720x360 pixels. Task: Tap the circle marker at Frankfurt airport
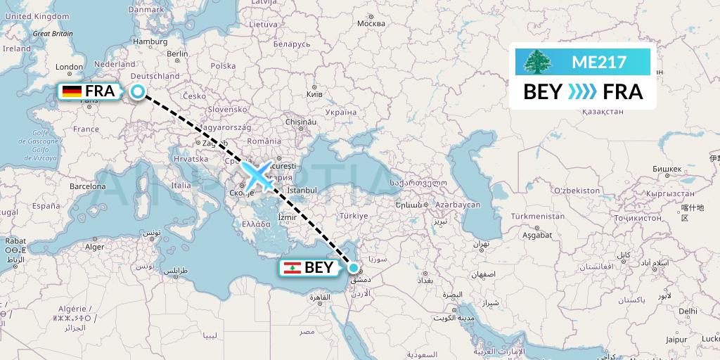pos(138,91)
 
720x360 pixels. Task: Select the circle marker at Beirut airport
pos(354,267)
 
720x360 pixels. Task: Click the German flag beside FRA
pos(71,91)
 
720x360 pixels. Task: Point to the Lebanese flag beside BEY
pos(291,267)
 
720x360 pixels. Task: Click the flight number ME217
pos(598,62)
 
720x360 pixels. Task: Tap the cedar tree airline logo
pos(539,62)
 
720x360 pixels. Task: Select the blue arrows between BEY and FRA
pos(582,92)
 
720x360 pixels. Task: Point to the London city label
pos(69,67)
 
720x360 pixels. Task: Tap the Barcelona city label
pos(87,187)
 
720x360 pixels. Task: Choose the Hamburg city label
pos(150,41)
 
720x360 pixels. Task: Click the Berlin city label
pos(177,53)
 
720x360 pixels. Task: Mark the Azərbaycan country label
pos(456,204)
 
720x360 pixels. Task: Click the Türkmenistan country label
pos(538,217)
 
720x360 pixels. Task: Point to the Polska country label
pos(223,65)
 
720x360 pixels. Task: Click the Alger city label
pos(94,247)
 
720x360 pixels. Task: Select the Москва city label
pos(371,23)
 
